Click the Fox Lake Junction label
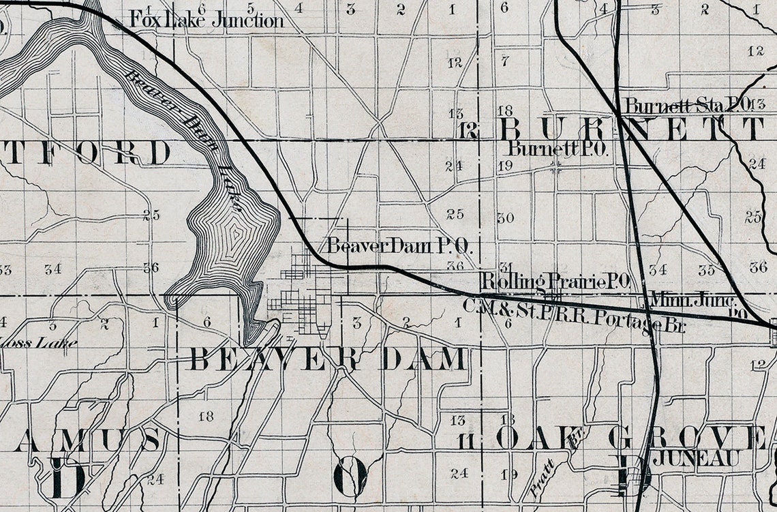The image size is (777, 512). coord(206,20)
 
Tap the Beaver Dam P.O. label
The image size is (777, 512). coord(399,245)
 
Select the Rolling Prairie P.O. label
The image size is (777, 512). coord(555,280)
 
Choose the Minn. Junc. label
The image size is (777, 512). coord(692,299)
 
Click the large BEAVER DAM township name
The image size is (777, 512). coord(329,359)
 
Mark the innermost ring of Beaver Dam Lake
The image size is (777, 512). coord(235,235)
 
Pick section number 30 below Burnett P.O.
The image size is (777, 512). coord(505,218)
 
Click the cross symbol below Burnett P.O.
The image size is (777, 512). coord(557,164)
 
